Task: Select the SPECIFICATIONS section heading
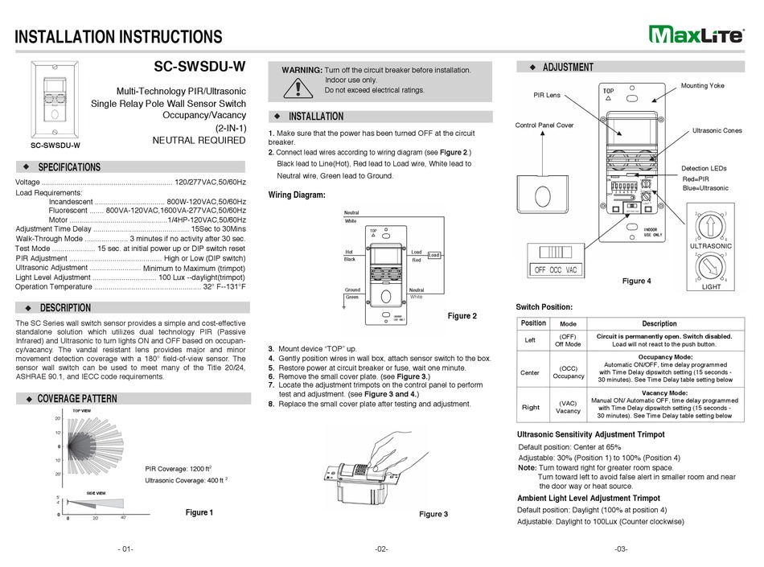click(70, 167)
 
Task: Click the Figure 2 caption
click(462, 316)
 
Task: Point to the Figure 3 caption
click(433, 514)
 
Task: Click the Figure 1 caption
click(199, 512)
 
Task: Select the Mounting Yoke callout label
click(702, 85)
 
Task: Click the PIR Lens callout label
click(547, 95)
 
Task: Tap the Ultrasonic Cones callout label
click(719, 130)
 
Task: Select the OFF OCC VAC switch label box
click(556, 270)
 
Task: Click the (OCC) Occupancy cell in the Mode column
click(568, 372)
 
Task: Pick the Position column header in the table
click(533, 323)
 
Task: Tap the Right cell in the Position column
click(532, 407)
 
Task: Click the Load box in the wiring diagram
click(434, 255)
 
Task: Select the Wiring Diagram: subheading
click(297, 195)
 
